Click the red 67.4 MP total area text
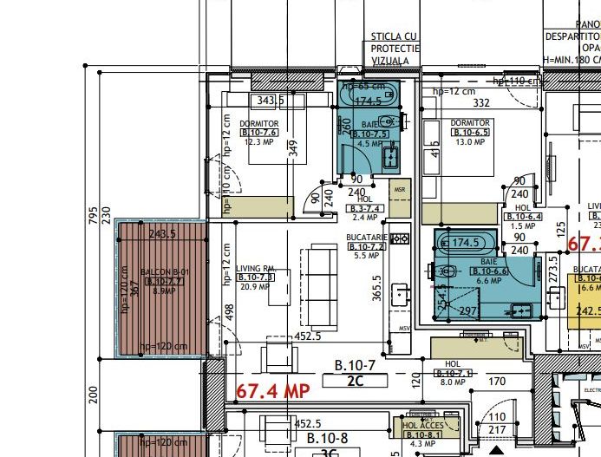273,391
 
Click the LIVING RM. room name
256,269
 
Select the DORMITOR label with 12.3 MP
258,124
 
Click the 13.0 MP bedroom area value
471,141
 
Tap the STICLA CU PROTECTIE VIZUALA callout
395,49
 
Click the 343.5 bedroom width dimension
271,101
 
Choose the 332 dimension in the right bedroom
482,103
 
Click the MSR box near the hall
400,190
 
